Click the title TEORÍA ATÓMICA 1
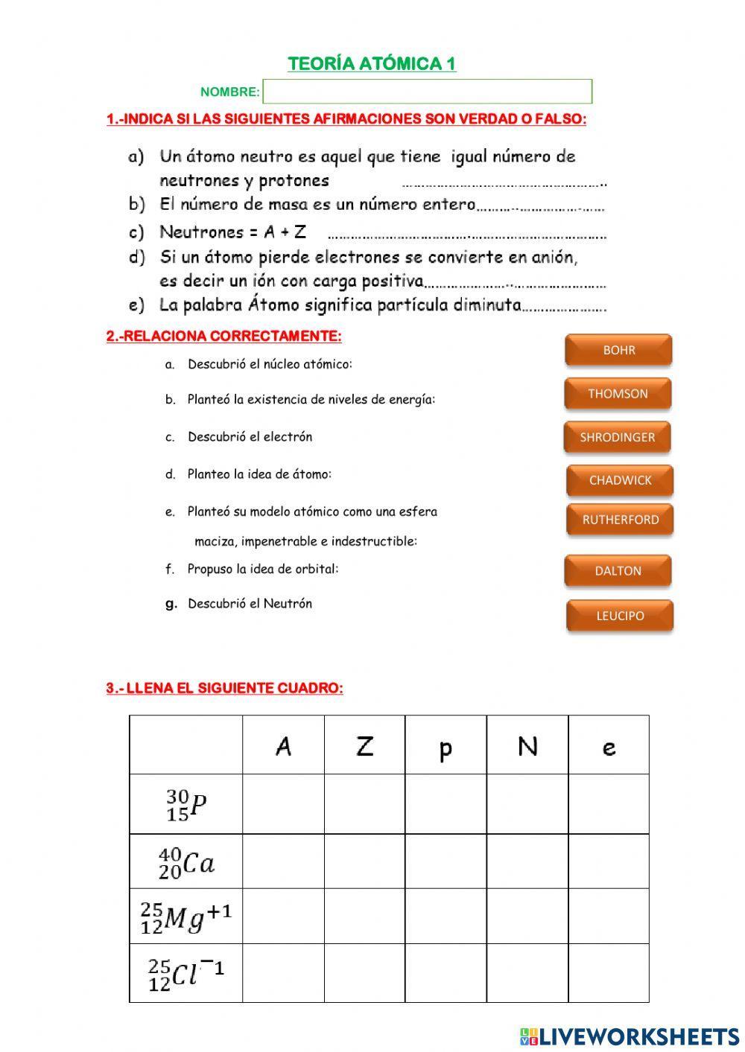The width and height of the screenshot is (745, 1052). (372, 64)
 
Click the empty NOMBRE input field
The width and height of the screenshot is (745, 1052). (427, 92)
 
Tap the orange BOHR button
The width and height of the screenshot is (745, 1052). (618, 350)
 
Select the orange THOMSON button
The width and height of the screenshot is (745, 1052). (618, 394)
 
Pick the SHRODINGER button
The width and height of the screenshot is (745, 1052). (617, 437)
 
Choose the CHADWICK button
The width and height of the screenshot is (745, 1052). (620, 480)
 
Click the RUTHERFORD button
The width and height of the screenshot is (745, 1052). (620, 520)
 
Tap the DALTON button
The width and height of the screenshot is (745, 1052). (618, 571)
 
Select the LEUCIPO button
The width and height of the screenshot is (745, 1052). (620, 616)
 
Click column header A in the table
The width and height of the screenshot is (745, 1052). (283, 746)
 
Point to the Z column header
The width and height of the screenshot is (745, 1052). (364, 746)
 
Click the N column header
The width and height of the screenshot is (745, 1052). (527, 746)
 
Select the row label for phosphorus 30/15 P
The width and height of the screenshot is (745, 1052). (186, 805)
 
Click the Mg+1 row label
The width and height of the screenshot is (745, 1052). (186, 918)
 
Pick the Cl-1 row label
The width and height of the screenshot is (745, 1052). (186, 974)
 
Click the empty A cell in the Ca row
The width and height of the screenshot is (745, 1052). (283, 861)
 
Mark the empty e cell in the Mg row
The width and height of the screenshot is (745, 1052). (609, 916)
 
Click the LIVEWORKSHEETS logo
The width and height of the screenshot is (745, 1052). (629, 1036)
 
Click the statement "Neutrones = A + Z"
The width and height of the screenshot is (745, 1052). (233, 232)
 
